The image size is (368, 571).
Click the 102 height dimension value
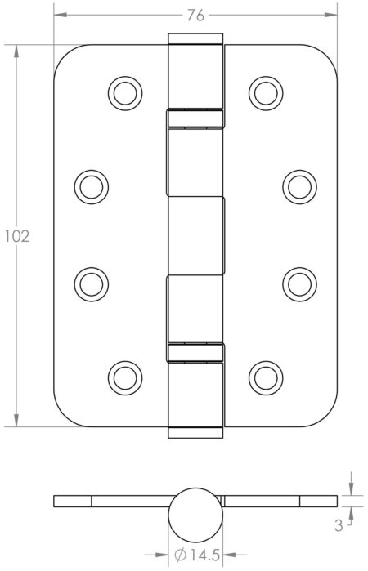tap(16, 237)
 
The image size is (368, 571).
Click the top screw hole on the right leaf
tap(264, 91)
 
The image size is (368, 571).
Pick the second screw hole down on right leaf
tap(298, 187)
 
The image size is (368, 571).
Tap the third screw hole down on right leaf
tap(298, 282)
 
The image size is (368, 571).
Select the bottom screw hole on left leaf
tap(123, 376)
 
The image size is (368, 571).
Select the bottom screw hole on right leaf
tap(264, 376)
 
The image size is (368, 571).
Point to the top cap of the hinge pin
tap(195, 39)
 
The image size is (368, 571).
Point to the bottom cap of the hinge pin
tap(195, 432)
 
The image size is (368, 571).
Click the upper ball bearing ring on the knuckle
tap(195, 118)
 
